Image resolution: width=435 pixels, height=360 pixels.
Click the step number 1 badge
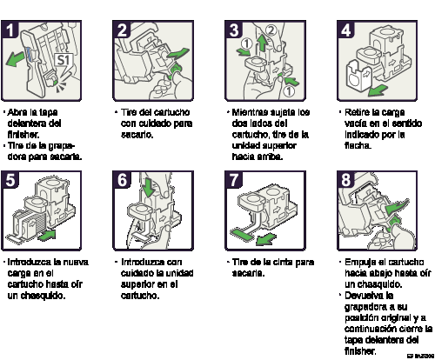11,30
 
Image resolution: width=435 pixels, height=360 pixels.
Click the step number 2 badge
123,30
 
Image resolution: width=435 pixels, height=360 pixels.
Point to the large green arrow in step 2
177,58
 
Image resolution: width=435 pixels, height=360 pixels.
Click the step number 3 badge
234,30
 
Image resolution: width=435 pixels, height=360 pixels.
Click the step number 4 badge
346,30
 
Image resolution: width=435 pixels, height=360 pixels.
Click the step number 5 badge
11,180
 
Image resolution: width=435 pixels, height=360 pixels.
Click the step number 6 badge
123,180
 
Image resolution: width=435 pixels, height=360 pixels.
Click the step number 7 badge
234,180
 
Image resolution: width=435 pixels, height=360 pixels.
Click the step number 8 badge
346,180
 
